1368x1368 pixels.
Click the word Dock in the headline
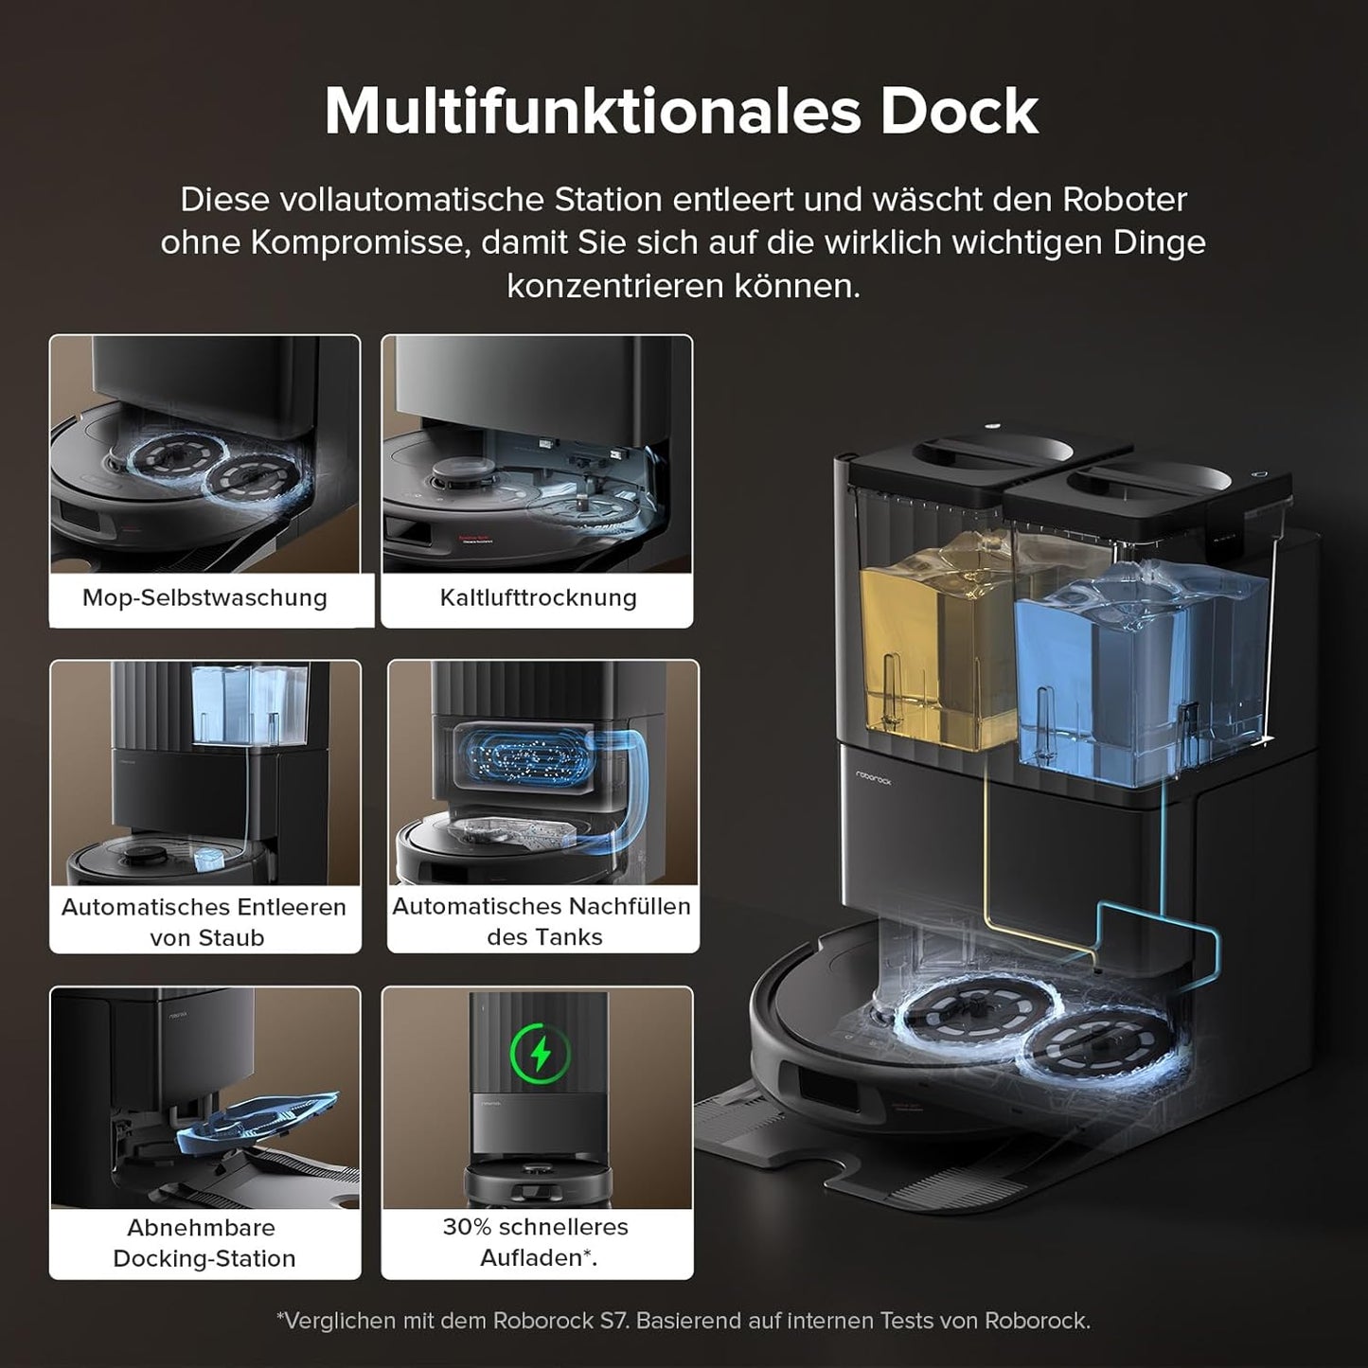point(959,112)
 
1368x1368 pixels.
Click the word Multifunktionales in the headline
point(592,112)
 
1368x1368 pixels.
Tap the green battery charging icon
point(541,1052)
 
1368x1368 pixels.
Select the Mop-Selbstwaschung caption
point(204,598)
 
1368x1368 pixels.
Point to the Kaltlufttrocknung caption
point(538,598)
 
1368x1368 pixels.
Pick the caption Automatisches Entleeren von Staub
point(204,921)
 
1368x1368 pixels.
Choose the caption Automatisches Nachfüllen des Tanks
point(542,921)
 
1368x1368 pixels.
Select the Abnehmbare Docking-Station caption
point(204,1242)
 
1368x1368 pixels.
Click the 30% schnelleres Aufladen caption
point(537,1241)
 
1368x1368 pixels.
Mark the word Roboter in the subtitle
point(1124,200)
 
